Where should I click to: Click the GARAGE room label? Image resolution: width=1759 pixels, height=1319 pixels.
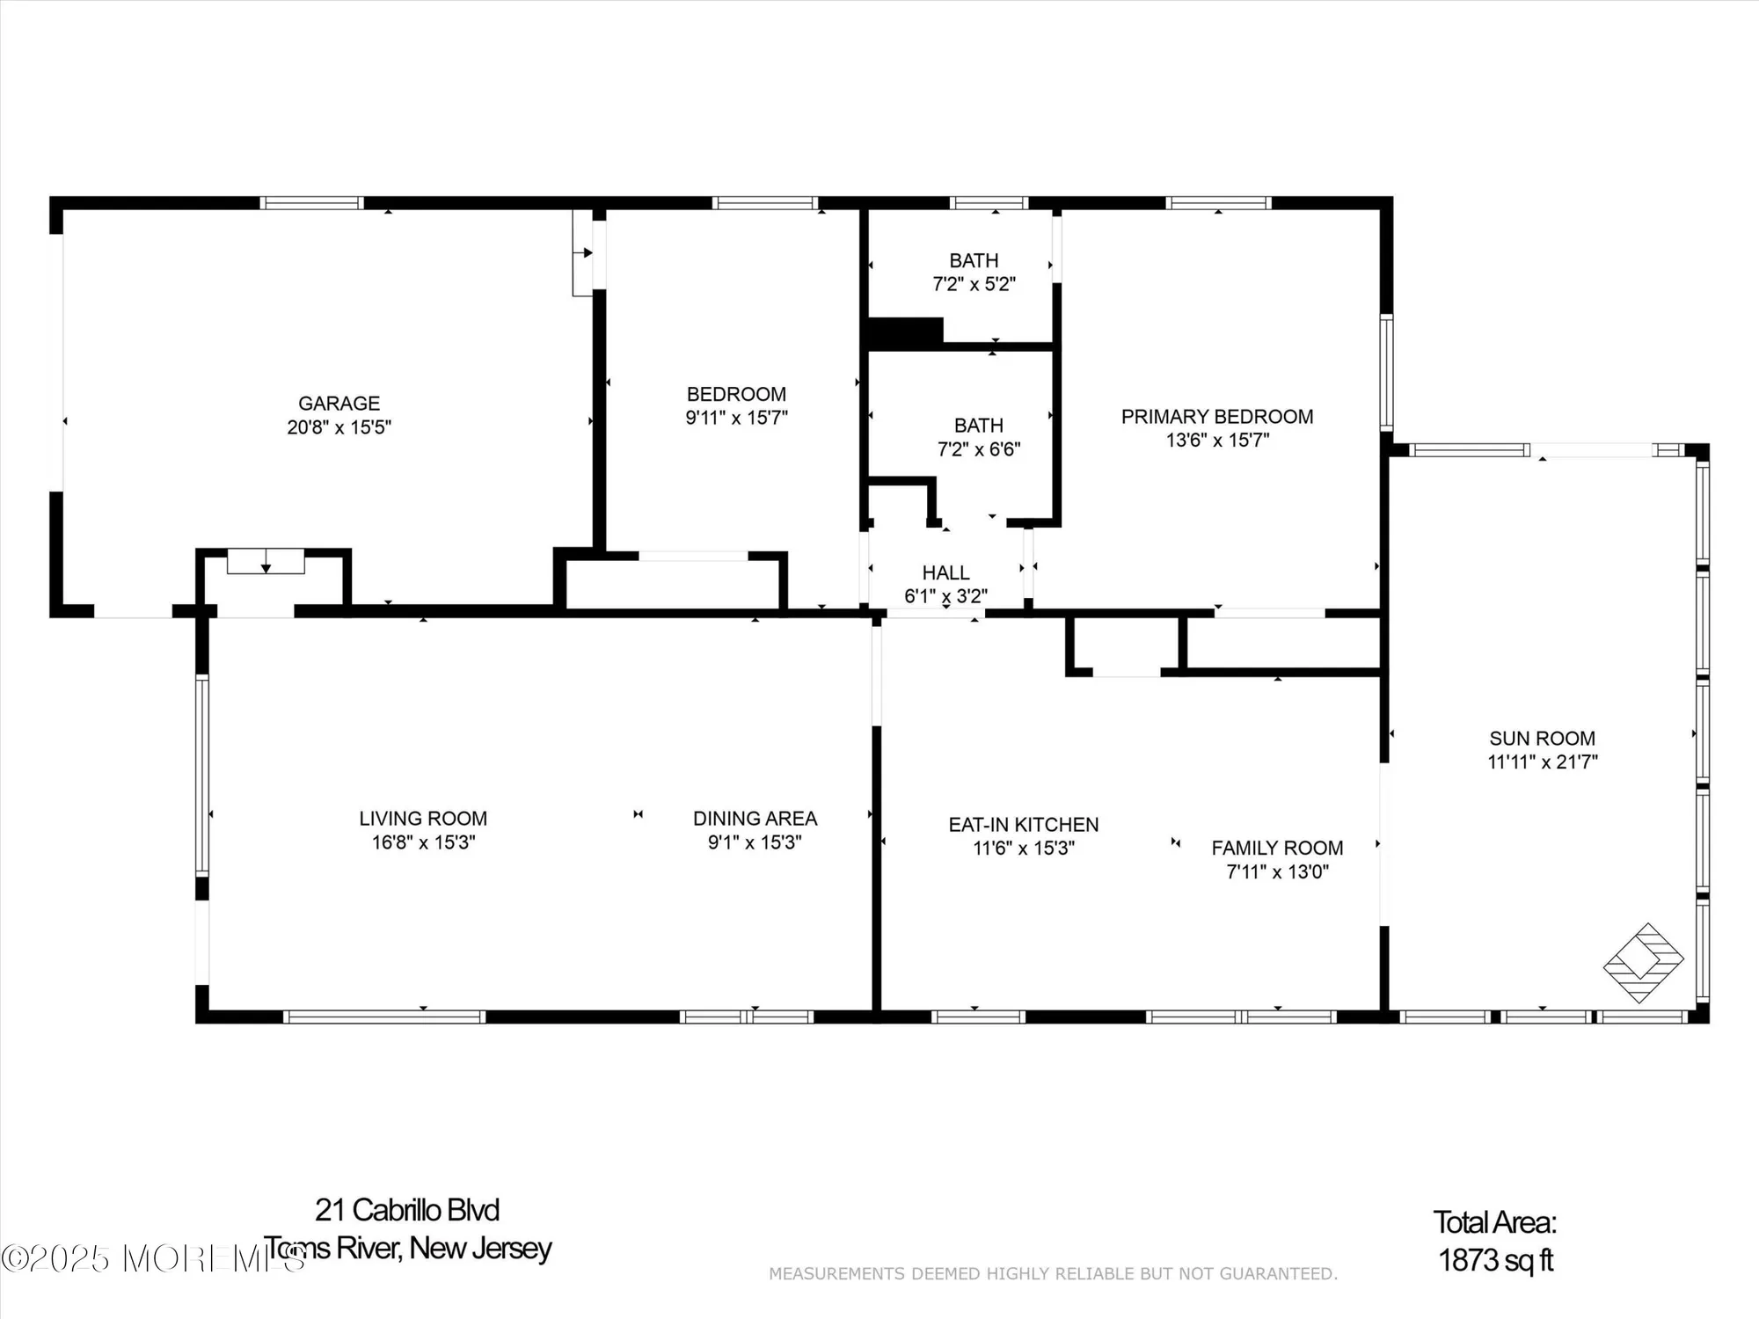click(x=339, y=404)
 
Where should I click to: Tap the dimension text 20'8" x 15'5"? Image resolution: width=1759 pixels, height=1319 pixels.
click(x=339, y=427)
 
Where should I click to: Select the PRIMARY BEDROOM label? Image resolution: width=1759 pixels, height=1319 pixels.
click(x=1216, y=417)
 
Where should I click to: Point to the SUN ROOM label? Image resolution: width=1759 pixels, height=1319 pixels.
click(x=1542, y=739)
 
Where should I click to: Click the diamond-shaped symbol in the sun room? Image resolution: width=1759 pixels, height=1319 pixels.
click(x=1643, y=963)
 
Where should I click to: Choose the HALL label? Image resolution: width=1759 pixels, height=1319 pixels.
click(x=945, y=573)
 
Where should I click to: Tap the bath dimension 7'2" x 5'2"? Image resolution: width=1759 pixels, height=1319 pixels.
click(x=974, y=284)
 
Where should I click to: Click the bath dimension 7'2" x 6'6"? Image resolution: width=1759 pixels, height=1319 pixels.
click(x=978, y=449)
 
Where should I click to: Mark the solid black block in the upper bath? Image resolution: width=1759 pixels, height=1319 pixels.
click(x=905, y=332)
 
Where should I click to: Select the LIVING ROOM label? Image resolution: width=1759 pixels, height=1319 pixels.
click(x=423, y=819)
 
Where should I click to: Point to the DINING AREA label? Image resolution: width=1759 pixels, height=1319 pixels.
click(x=755, y=819)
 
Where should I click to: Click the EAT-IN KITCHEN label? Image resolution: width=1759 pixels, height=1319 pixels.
click(x=1023, y=825)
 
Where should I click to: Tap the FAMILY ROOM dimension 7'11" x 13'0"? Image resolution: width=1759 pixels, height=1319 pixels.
click(x=1277, y=871)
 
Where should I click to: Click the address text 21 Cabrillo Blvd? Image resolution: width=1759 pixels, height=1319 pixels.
click(x=407, y=1210)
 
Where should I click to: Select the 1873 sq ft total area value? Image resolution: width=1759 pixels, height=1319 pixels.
click(x=1495, y=1260)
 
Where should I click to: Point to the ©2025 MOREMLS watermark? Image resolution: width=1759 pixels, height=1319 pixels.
click(x=150, y=1258)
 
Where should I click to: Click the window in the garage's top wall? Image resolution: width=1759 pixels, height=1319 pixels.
click(x=311, y=203)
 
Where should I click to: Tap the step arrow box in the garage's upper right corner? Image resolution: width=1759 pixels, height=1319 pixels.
click(x=582, y=252)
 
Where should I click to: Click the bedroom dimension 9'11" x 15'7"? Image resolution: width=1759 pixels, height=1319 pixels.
click(x=736, y=418)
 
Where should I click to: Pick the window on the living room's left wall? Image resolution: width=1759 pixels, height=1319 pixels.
click(x=202, y=775)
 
